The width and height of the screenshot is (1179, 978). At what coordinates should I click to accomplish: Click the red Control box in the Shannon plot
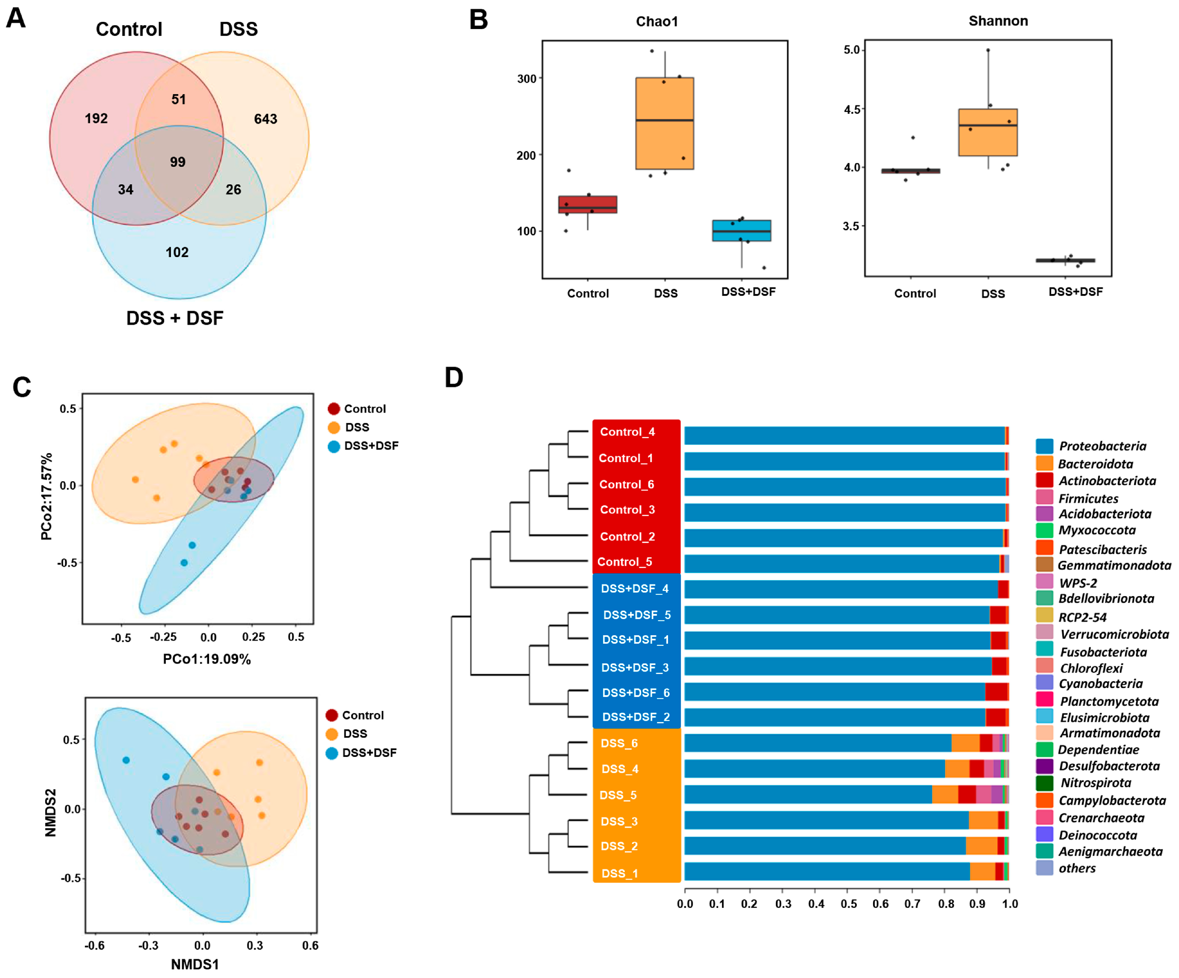(x=911, y=171)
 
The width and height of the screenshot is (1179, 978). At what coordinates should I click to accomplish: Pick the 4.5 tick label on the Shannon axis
(x=852, y=110)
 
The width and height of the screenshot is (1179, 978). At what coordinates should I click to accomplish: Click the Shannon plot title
(x=998, y=21)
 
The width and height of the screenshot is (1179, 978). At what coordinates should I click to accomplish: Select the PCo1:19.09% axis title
(x=207, y=659)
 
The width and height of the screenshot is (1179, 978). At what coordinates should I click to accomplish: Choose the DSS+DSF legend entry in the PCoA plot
(x=370, y=446)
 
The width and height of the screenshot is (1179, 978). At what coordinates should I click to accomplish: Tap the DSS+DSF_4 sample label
(x=634, y=589)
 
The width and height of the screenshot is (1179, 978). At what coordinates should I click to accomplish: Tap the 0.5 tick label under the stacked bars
(x=848, y=904)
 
